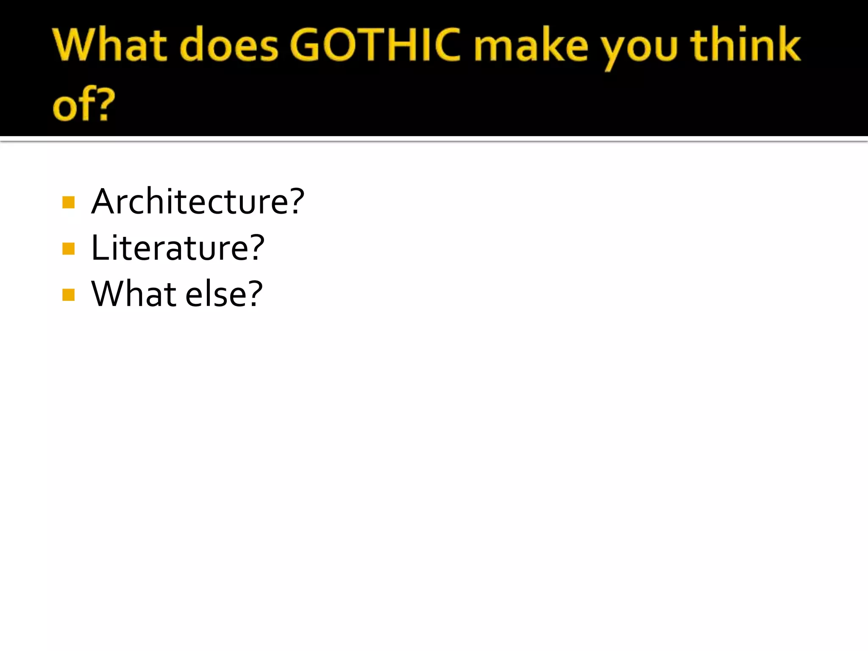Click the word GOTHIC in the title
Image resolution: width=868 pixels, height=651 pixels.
(x=375, y=45)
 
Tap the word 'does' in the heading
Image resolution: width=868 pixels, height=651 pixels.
(x=229, y=45)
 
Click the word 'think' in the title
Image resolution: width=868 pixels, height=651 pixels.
(x=746, y=44)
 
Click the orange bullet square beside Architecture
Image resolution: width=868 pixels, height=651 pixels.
(x=68, y=203)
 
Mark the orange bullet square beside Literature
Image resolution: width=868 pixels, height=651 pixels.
(x=68, y=249)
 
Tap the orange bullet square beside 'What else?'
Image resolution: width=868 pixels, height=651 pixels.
(x=68, y=295)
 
